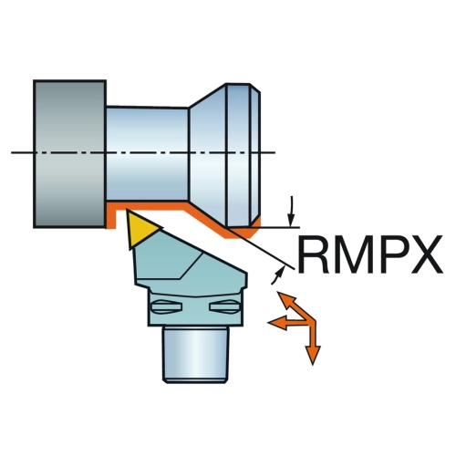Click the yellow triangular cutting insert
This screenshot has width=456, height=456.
click(x=141, y=230)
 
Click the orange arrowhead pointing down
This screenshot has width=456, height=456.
click(x=313, y=355)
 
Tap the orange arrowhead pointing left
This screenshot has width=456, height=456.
click(x=277, y=323)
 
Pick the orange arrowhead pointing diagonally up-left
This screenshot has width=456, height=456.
click(x=285, y=299)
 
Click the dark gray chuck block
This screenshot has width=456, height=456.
click(x=69, y=154)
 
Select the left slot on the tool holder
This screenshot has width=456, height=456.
click(x=166, y=306)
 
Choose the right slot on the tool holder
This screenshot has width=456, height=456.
click(x=224, y=306)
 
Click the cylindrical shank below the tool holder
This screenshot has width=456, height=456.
click(x=195, y=354)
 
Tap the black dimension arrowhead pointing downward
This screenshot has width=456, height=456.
click(x=291, y=220)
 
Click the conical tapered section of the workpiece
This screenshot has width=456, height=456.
click(x=208, y=155)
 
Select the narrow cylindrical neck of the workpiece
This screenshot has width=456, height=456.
click(x=147, y=153)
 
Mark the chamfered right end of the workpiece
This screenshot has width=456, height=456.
click(x=255, y=155)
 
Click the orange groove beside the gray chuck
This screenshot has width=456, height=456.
click(x=111, y=216)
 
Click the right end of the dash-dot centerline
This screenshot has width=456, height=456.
click(x=275, y=152)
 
